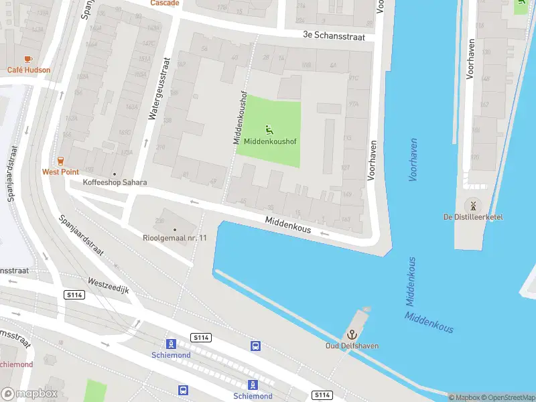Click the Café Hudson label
29,70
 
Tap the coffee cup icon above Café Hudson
28,60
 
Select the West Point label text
60,172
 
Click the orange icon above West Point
60,161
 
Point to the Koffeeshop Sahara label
115,182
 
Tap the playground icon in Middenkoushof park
269,129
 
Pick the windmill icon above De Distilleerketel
473,205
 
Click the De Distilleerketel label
473,216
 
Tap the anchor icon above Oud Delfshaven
351,334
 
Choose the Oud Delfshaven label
352,346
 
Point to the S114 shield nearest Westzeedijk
74,295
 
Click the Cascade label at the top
165,3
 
